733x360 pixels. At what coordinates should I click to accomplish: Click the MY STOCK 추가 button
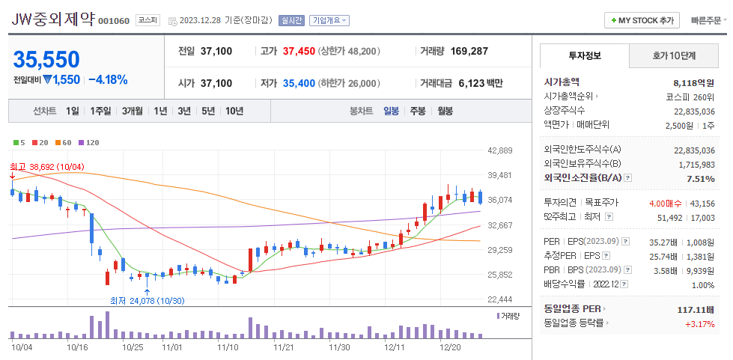point(642,20)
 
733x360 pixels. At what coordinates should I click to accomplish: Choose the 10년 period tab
point(234,111)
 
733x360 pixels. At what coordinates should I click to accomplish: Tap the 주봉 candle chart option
point(417,111)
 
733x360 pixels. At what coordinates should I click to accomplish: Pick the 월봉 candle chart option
point(445,111)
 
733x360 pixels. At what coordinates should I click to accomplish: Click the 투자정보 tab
point(585,55)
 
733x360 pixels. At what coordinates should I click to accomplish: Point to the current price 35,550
point(46,59)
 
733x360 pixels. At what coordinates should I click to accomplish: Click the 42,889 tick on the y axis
point(499,150)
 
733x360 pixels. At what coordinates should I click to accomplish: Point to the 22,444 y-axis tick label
point(499,299)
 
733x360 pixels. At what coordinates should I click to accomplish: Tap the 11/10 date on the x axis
point(228,347)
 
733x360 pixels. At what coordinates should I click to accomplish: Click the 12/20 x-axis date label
point(449,347)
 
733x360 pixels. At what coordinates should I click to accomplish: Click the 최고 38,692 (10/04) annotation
point(46,166)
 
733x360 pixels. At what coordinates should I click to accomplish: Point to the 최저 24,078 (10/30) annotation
point(146,301)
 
